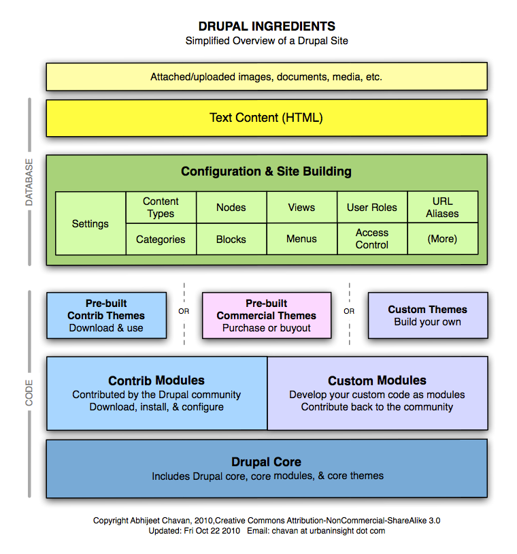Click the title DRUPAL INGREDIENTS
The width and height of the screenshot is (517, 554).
(x=267, y=27)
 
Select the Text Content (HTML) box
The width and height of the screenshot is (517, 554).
(x=266, y=118)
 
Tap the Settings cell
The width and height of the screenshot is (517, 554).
(x=90, y=223)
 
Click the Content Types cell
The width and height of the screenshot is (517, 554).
(x=161, y=208)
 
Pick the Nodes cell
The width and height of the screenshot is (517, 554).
(x=231, y=208)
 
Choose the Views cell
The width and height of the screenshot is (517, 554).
(x=301, y=208)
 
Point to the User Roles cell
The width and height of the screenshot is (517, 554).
(x=372, y=208)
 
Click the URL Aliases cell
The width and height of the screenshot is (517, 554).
(x=442, y=208)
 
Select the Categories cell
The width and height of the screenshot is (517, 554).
(x=161, y=240)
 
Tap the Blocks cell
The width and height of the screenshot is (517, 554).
(x=231, y=240)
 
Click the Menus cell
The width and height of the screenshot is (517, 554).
(x=301, y=240)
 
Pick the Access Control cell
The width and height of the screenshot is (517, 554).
(x=372, y=239)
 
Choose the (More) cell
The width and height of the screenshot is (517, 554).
(x=442, y=240)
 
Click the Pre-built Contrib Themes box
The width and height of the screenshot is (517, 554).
(x=106, y=315)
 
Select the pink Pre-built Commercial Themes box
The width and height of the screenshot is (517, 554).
(x=266, y=315)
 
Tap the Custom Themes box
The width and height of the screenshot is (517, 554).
(x=427, y=315)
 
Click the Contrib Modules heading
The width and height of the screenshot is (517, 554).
(x=156, y=380)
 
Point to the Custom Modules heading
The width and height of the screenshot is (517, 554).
(x=377, y=380)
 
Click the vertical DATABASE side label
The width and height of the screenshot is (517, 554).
(x=29, y=182)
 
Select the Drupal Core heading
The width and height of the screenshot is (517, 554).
(x=266, y=462)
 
